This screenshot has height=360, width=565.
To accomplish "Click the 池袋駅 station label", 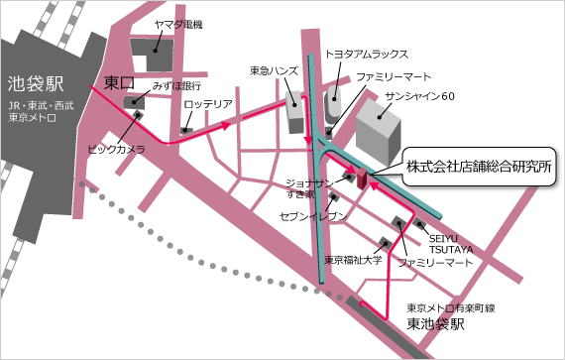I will click(34, 83).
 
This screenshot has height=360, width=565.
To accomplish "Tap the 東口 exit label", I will click(119, 82).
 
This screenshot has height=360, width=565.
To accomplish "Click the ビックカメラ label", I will click(116, 149).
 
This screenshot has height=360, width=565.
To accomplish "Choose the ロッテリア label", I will click(209, 104).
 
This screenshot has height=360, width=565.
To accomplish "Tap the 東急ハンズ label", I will click(273, 71).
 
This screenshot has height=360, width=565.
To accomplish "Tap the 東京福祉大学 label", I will click(353, 260).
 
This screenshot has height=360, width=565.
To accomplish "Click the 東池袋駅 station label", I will click(437, 324).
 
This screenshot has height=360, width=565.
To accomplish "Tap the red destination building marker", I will click(364, 179).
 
